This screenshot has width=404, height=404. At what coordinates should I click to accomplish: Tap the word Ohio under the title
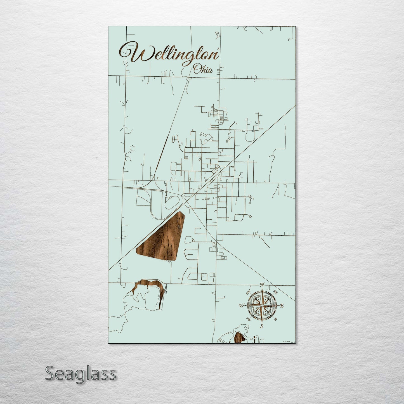click(x=203, y=69)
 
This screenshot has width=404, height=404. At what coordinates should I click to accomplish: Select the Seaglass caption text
click(x=80, y=374)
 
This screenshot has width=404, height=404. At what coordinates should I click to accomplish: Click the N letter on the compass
click(x=262, y=285)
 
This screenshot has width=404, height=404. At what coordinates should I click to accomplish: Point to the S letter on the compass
click(x=261, y=326)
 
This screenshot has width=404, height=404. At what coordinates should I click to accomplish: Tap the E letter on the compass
click(x=282, y=306)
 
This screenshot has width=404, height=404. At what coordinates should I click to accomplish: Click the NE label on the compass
click(x=275, y=293)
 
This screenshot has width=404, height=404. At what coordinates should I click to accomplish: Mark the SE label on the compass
click(x=275, y=319)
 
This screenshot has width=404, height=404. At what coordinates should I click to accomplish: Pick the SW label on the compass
click(x=248, y=318)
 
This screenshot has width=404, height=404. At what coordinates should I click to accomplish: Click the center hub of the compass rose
click(x=261, y=306)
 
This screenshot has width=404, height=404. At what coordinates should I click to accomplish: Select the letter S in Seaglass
click(x=49, y=374)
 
